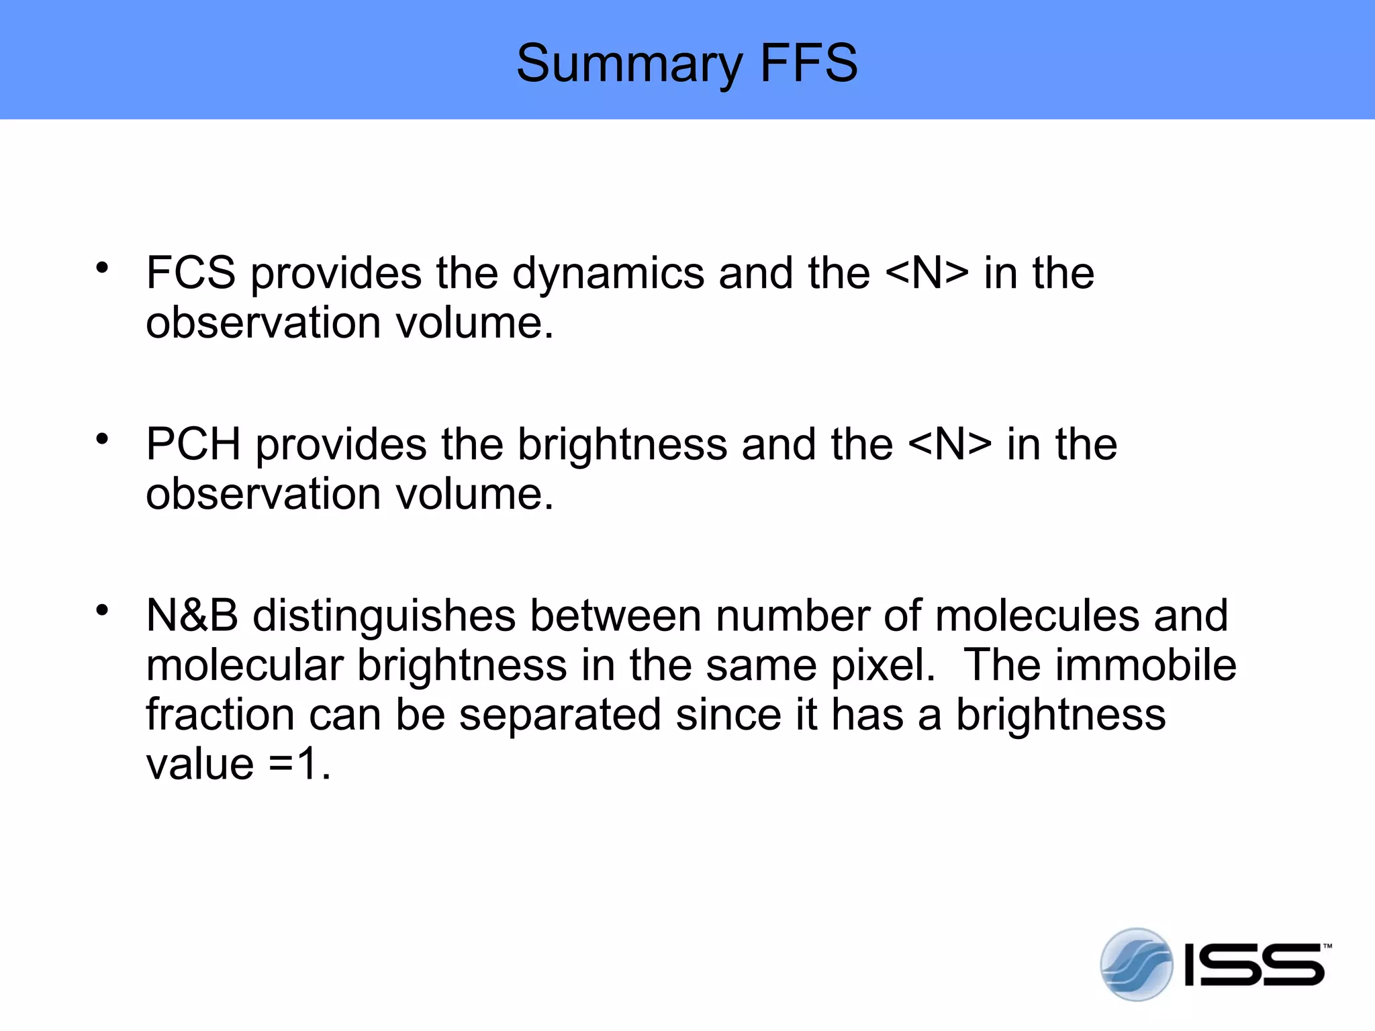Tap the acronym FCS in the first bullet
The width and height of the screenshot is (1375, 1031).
[x=191, y=273]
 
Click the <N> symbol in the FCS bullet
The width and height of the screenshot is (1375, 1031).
[x=927, y=273]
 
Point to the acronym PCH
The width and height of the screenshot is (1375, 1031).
[x=193, y=444]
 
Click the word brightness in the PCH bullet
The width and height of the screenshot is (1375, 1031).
[x=622, y=444]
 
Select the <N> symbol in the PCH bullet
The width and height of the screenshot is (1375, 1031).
[x=949, y=444]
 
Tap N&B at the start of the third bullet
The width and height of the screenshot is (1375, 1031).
[x=192, y=616]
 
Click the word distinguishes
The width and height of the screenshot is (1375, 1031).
[x=383, y=616]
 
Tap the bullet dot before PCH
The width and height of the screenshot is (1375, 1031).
[x=102, y=439]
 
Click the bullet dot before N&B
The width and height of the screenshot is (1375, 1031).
[x=102, y=610]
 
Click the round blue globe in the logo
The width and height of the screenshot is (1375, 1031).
[x=1135, y=965]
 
